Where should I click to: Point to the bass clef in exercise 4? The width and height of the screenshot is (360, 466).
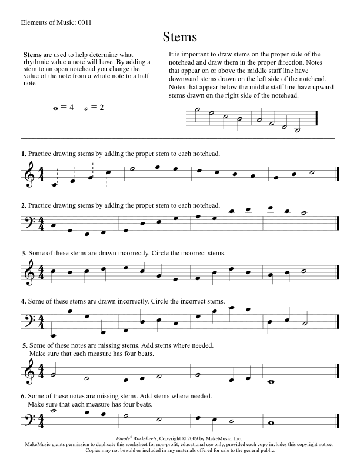[29, 322]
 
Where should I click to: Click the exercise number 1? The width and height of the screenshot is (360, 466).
[23, 154]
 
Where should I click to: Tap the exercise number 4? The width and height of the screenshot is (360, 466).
[23, 301]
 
